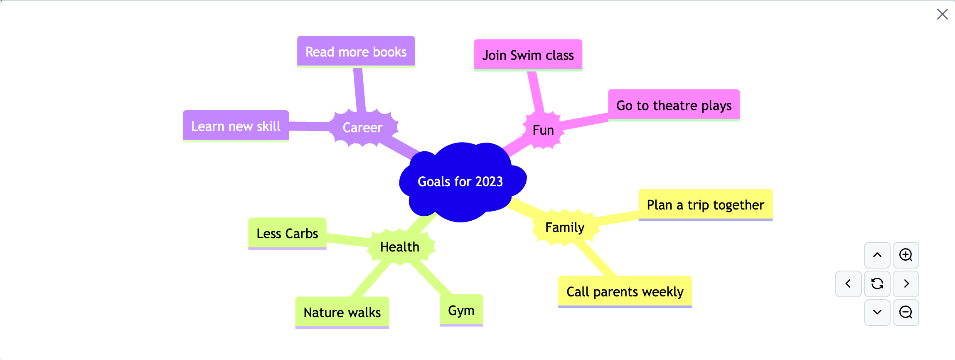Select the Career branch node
(363, 128)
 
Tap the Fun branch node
(543, 130)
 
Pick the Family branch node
(565, 227)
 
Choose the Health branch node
(400, 247)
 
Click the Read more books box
(356, 52)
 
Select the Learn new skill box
(236, 126)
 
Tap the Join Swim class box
(528, 55)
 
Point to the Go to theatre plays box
(674, 105)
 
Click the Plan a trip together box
(706, 205)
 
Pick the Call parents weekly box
(625, 292)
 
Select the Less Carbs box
(287, 234)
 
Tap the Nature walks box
(342, 313)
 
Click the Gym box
(461, 311)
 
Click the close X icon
(943, 14)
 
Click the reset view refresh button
(877, 284)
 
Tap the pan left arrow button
(849, 284)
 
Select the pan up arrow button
(877, 255)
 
